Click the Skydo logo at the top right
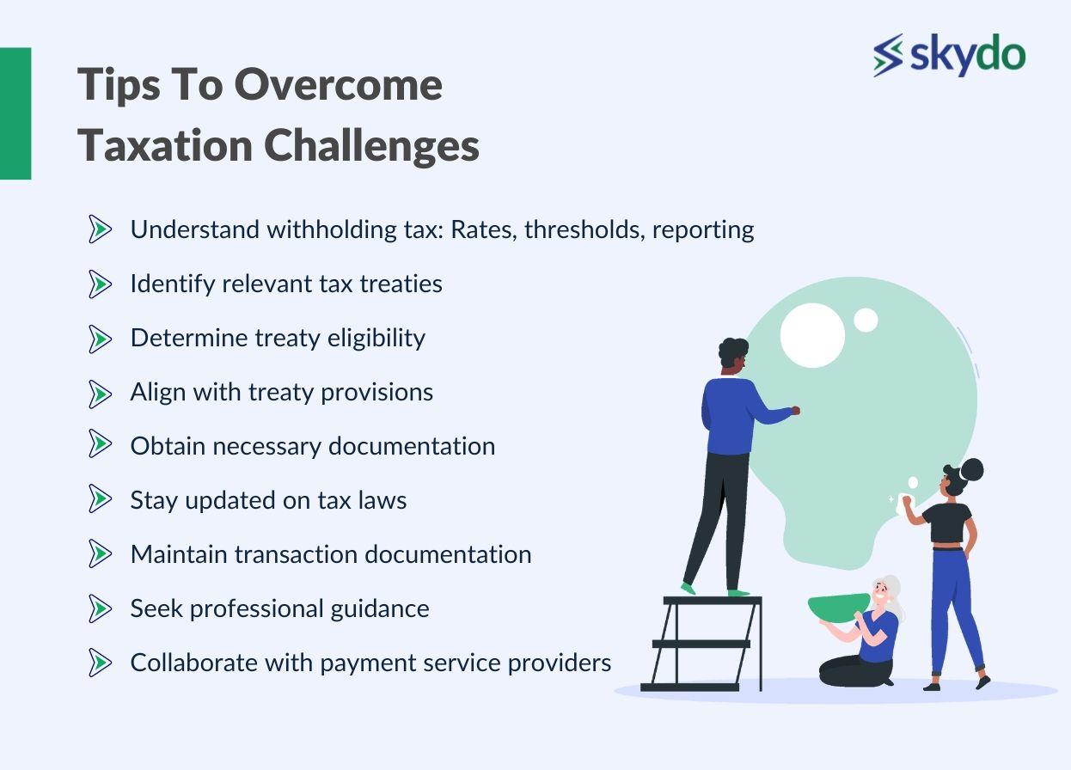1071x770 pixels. click(949, 54)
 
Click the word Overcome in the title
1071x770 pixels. click(338, 85)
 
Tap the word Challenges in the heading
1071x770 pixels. click(371, 145)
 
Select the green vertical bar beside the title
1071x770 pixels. click(15, 113)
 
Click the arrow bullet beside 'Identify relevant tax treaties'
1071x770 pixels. click(100, 284)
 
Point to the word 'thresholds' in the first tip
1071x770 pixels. click(584, 229)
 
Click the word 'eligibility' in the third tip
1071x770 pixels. click(376, 339)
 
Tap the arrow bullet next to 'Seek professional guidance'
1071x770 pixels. click(100, 608)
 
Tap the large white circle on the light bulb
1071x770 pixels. click(812, 335)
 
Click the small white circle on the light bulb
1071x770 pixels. click(866, 320)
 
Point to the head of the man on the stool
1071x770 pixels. click(733, 357)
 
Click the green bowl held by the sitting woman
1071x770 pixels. click(839, 608)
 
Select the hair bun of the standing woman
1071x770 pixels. click(971, 470)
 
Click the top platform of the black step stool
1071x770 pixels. click(713, 601)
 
